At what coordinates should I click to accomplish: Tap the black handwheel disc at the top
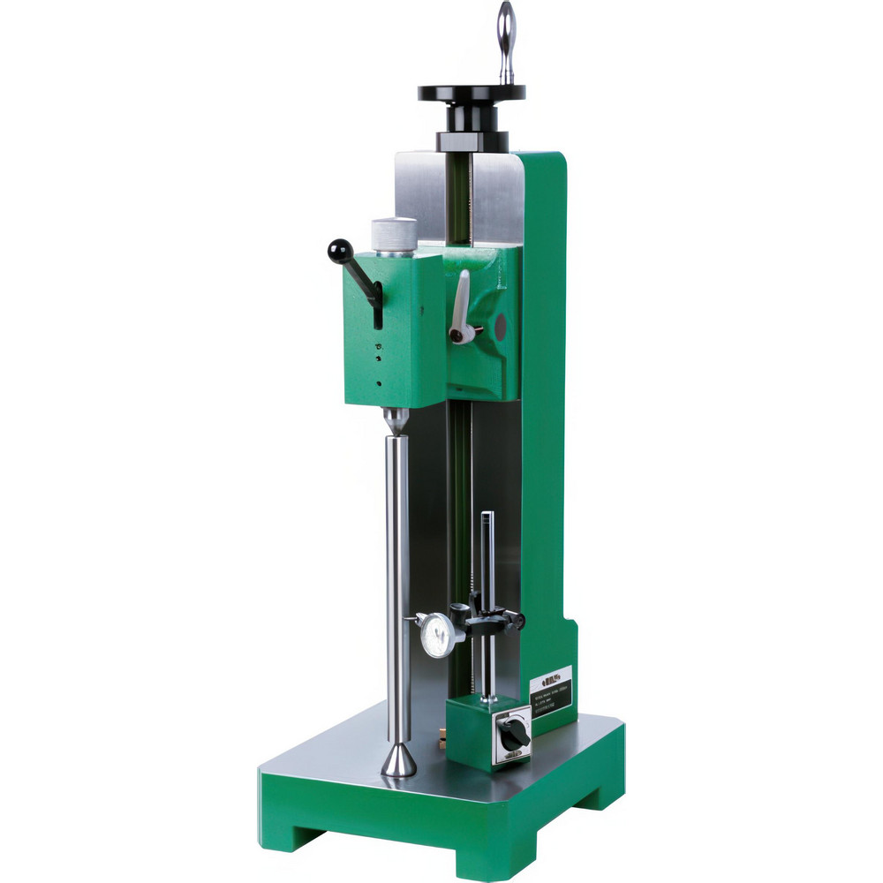[x=472, y=92]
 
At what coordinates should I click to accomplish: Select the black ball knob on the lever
[x=340, y=252]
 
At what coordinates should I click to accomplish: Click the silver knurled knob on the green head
[x=394, y=234]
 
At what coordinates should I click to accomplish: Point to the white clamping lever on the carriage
[x=460, y=305]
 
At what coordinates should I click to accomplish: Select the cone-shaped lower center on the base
[x=398, y=760]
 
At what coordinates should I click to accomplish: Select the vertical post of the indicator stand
[x=487, y=565]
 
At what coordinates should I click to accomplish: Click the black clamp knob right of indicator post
[x=516, y=621]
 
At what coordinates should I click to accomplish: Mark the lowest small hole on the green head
[x=379, y=383]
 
